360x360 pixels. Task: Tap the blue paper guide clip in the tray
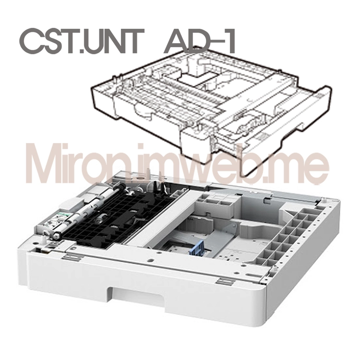[197, 247]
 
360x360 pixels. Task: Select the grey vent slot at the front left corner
[72, 258]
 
